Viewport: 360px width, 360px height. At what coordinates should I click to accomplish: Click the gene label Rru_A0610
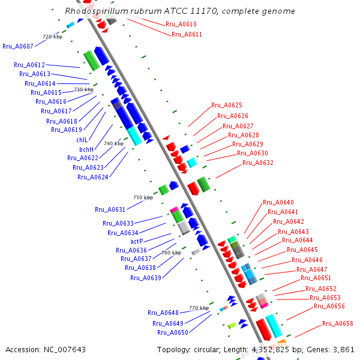coord(181,25)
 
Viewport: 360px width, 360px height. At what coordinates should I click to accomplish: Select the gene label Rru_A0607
coord(17,46)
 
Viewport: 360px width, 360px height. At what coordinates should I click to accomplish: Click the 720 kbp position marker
coord(52,37)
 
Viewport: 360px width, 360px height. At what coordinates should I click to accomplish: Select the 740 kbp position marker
coord(113,144)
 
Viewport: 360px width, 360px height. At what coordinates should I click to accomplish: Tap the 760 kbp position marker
coord(171,253)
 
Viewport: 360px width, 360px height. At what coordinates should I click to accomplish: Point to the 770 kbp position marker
coord(199,308)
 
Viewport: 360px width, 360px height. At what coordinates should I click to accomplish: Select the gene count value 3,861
coord(343,349)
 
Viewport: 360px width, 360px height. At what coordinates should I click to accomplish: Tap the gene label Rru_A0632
coord(258,163)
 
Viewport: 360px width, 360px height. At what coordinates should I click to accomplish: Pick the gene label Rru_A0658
coord(338,324)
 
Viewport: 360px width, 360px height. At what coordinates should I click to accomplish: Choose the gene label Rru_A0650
coord(173,332)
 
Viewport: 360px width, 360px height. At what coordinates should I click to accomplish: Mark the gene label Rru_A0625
coord(227,106)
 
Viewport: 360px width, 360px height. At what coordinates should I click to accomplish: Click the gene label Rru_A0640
coord(278,203)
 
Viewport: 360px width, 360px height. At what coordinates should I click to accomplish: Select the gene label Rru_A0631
coord(110,210)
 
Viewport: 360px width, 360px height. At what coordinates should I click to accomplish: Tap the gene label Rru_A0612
coord(29,65)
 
